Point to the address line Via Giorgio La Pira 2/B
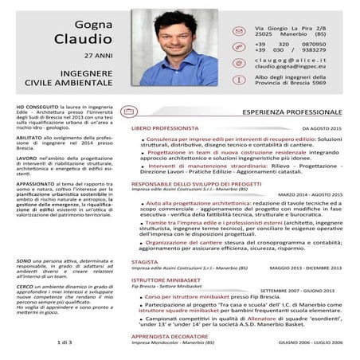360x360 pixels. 290,29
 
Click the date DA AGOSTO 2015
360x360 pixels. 322,128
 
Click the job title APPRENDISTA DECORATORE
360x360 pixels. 168,335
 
